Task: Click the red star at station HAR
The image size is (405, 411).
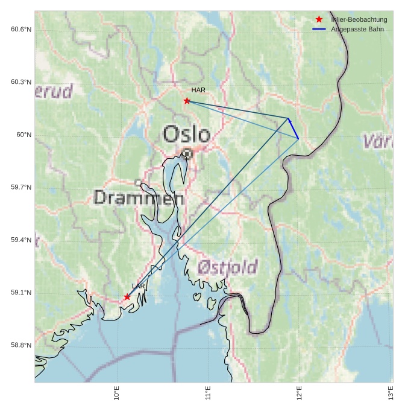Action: click(187, 101)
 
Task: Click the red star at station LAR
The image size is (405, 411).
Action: click(127, 297)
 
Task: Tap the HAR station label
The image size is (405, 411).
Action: click(198, 90)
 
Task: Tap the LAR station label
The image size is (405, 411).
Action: click(139, 286)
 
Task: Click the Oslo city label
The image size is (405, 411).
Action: click(187, 133)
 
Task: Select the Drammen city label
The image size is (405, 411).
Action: click(139, 197)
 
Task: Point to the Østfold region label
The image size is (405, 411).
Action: click(228, 267)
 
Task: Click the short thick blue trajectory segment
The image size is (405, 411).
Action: click(294, 129)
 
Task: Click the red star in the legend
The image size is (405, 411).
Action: click(319, 19)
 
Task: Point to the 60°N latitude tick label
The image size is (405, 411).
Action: click(24, 135)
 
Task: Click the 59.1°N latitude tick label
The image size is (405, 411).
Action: click(21, 293)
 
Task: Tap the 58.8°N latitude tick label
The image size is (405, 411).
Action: click(21, 345)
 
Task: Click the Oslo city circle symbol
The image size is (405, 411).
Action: click(187, 153)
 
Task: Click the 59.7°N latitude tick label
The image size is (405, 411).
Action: click(21, 188)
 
